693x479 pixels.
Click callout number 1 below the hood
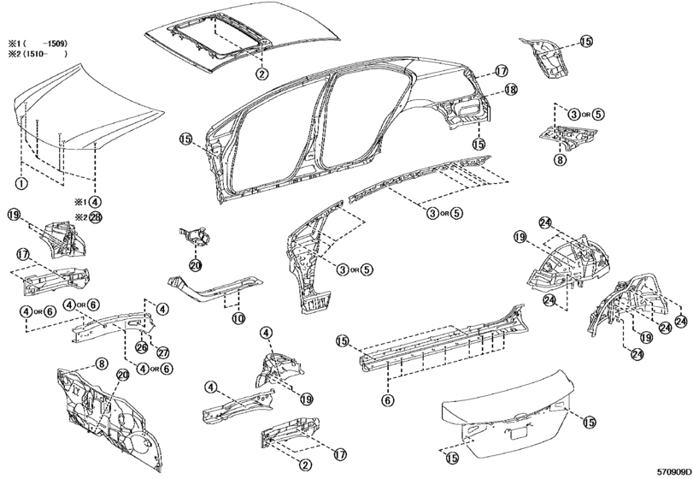(21, 183)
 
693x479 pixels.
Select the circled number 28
(95, 217)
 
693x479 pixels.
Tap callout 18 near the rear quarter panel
(510, 90)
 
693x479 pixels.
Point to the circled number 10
(238, 318)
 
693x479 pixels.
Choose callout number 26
(142, 347)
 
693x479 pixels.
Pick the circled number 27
(163, 352)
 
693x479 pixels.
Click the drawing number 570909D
(674, 472)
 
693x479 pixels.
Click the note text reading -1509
(54, 44)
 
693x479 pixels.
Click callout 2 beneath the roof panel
(262, 74)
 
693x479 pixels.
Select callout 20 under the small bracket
(196, 265)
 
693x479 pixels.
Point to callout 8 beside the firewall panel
(101, 364)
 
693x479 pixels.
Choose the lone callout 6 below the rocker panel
(387, 400)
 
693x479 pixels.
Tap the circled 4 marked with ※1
(95, 202)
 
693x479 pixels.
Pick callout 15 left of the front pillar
(185, 139)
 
